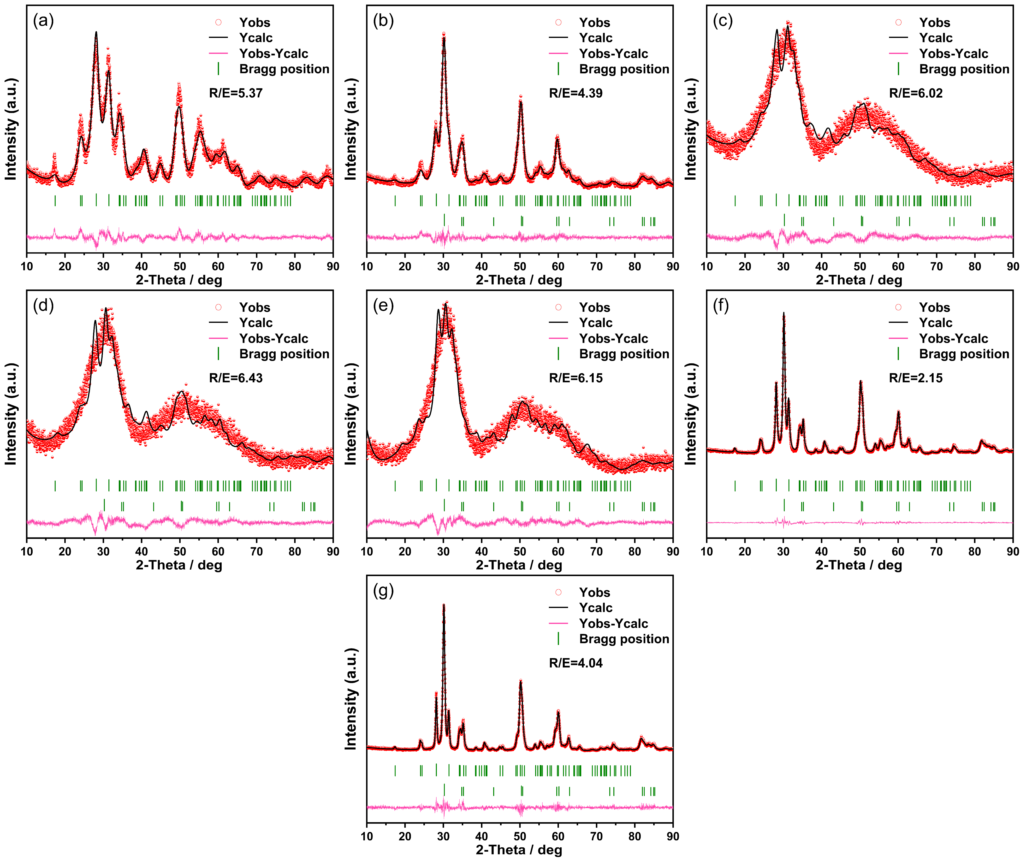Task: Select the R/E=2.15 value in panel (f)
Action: point(916,378)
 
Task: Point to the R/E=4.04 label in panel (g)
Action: point(575,663)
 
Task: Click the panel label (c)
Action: point(723,21)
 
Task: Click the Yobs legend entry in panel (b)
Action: point(594,23)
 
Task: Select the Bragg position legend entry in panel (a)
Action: point(284,69)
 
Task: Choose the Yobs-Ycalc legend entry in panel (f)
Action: point(953,338)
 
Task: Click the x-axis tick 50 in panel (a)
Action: point(180,266)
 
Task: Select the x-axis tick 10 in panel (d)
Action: point(27,551)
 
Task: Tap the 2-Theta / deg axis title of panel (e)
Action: point(519,565)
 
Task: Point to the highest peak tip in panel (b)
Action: point(444,33)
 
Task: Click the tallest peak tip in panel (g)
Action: point(444,605)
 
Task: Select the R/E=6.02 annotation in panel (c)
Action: point(916,93)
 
